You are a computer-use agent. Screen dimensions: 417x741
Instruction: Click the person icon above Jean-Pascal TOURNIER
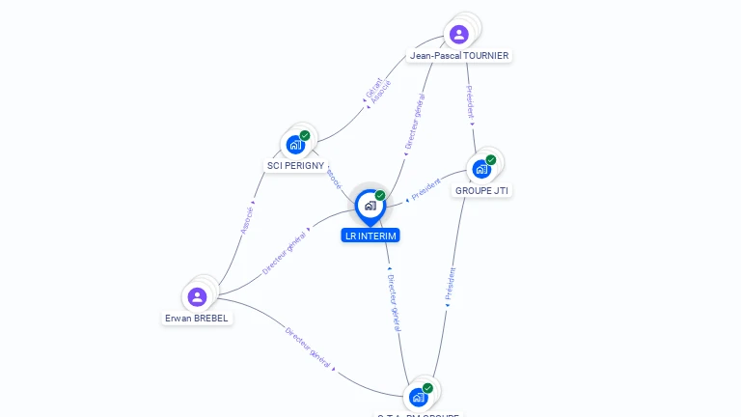[x=459, y=35]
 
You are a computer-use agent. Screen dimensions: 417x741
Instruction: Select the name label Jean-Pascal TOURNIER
[x=459, y=56]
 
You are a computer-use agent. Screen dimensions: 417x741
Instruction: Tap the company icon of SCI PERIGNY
[x=295, y=145]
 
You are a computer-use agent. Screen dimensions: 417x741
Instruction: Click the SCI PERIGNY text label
[x=295, y=166]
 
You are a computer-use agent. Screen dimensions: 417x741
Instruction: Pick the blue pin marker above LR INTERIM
[x=370, y=206]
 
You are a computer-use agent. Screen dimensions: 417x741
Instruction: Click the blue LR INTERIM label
[x=370, y=236]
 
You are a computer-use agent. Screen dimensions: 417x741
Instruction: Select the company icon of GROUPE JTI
[x=481, y=169]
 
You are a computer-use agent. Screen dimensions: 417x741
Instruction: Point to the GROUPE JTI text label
[x=481, y=190]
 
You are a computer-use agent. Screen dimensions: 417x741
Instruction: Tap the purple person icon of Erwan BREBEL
[x=198, y=296]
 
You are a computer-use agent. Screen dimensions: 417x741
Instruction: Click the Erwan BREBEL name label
[x=198, y=318]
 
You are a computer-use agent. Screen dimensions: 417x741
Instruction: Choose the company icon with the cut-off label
[x=418, y=397]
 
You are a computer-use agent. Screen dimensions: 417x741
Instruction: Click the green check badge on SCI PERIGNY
[x=305, y=136]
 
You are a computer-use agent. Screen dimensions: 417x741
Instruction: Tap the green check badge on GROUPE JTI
[x=491, y=160]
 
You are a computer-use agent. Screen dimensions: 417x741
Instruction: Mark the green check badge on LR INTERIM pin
[x=380, y=196]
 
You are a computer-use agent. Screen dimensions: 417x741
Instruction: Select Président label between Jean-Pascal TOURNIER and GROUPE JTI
[x=470, y=102]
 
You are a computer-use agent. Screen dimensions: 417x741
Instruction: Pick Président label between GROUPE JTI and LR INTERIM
[x=425, y=190]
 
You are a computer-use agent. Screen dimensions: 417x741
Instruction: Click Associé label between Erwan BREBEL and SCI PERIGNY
[x=246, y=220]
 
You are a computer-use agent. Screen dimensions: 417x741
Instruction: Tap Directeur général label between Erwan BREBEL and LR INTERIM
[x=284, y=253]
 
